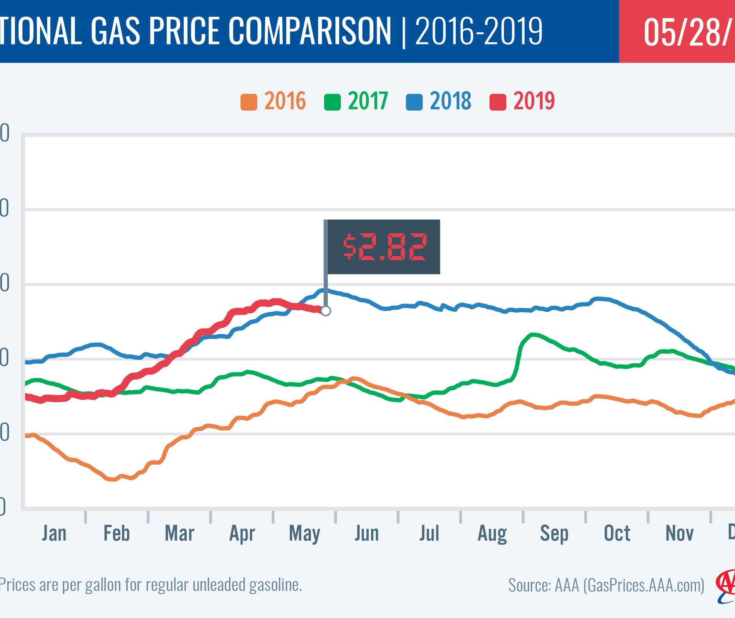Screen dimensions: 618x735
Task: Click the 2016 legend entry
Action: click(x=273, y=102)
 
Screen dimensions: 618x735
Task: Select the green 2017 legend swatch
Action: click(x=332, y=102)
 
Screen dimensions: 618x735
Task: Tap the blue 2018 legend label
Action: click(x=450, y=101)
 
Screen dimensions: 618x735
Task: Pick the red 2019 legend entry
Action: click(x=522, y=102)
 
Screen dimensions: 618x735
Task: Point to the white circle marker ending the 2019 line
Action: click(x=326, y=311)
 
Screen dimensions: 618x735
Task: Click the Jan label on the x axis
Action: click(x=54, y=534)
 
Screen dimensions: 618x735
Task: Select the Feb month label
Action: click(x=116, y=534)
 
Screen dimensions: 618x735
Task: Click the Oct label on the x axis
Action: click(x=617, y=534)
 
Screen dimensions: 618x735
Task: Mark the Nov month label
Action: click(x=680, y=534)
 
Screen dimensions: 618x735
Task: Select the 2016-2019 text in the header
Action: click(x=479, y=31)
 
